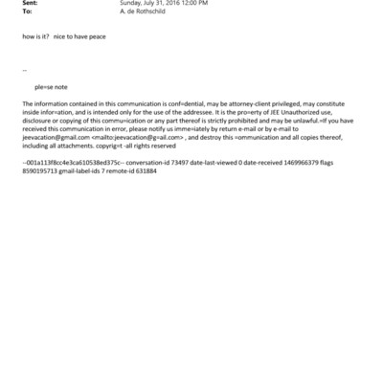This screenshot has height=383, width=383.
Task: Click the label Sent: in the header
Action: click(x=29, y=3)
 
